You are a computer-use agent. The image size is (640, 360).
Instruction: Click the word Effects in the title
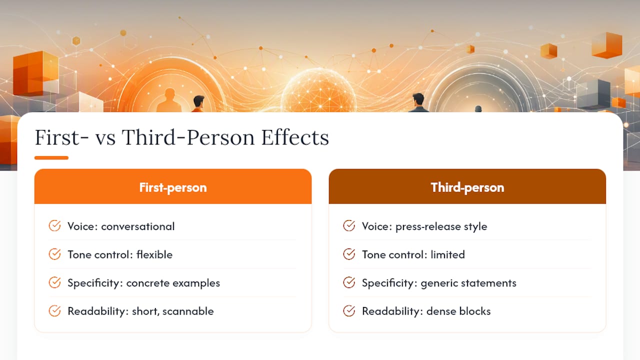295,137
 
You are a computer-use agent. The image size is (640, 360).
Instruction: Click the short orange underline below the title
51,157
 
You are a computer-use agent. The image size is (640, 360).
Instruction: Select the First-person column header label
173,187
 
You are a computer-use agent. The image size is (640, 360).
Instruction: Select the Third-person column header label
467,187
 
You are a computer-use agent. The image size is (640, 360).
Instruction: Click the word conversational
137,226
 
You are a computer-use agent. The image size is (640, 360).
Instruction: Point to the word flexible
154,254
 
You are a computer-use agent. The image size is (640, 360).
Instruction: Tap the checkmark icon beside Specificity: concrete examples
54,282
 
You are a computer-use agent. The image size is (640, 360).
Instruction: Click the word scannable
188,311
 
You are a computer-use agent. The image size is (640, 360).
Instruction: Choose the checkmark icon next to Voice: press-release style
349,225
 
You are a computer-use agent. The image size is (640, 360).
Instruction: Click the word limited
447,254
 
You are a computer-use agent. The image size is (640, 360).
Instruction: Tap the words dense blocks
458,311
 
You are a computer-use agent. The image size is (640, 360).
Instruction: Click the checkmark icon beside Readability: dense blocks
349,311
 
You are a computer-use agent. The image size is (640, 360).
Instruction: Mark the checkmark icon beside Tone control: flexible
54,254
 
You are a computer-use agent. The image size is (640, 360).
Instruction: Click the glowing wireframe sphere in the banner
318,91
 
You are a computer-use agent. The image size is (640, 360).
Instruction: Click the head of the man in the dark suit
418,99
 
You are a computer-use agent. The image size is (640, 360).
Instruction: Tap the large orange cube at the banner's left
35,73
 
